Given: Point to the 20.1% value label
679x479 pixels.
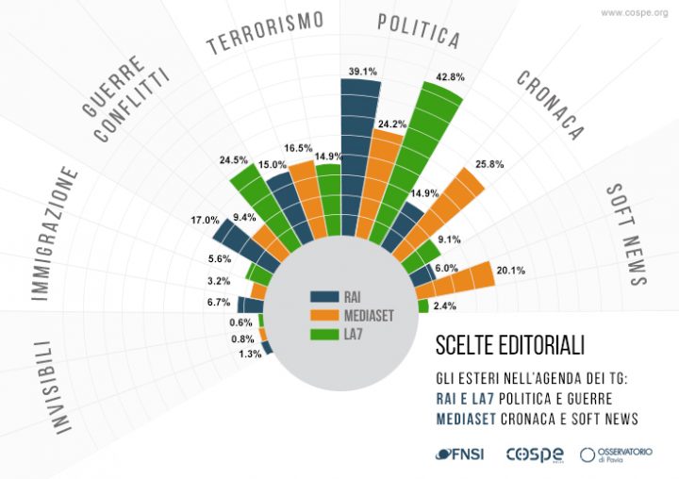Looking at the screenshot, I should [510, 272].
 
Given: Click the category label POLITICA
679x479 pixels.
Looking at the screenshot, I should [418, 31].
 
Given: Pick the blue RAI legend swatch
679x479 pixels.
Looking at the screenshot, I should [326, 297].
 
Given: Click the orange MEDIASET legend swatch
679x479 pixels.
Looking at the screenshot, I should [326, 315].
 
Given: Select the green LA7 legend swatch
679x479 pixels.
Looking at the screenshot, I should [326, 333].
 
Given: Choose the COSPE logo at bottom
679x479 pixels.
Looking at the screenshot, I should [536, 454].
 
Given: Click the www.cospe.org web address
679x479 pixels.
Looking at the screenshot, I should [634, 13].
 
